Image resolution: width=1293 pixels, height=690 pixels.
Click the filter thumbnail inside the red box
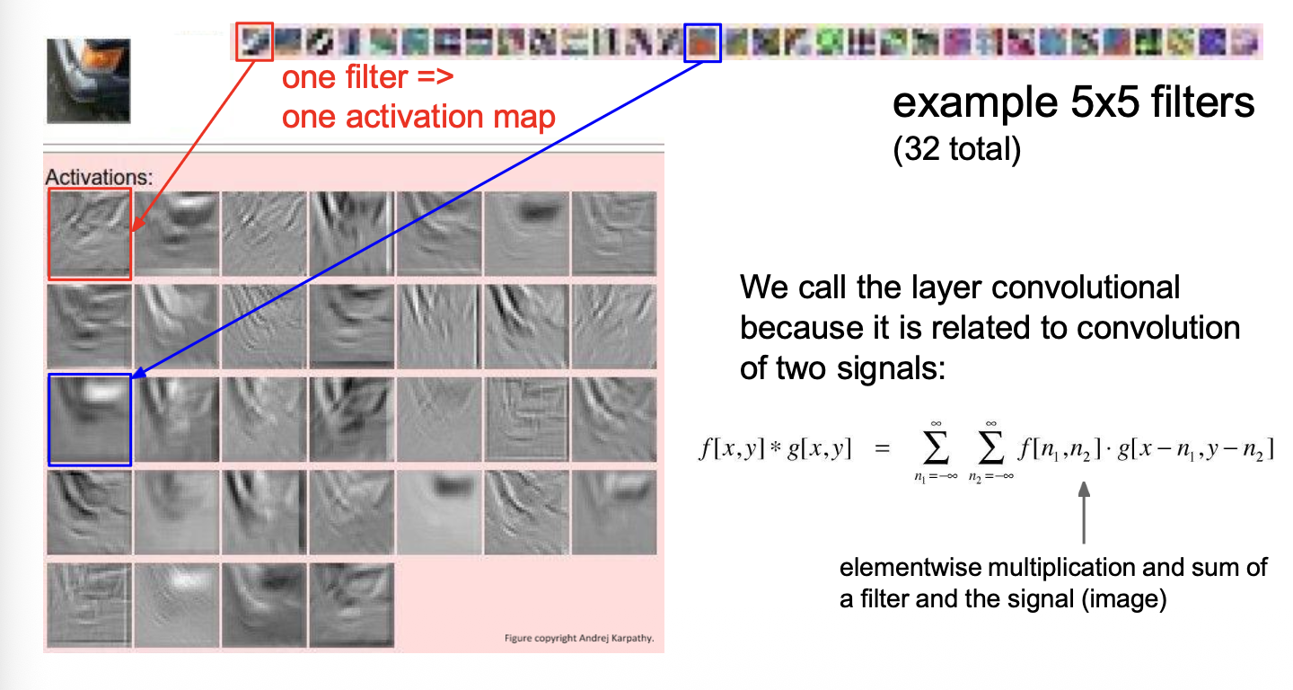coord(255,41)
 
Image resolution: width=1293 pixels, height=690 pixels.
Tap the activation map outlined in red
coord(90,234)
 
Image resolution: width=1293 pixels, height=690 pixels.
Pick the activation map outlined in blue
coord(90,420)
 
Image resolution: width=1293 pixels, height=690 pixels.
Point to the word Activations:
coord(100,177)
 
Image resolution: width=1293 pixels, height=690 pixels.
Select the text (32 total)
coord(957,149)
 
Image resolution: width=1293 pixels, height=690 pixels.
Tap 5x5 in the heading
coord(1104,102)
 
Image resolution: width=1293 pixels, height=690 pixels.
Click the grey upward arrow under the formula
coord(1084,513)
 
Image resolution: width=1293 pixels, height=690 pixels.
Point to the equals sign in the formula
coord(882,448)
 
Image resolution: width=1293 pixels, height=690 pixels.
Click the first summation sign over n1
coord(936,448)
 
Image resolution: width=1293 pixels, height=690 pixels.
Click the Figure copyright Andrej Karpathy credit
coord(579,638)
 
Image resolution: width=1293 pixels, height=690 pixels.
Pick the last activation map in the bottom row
coord(352,606)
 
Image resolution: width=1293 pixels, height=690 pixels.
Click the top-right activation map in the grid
coord(614,234)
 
